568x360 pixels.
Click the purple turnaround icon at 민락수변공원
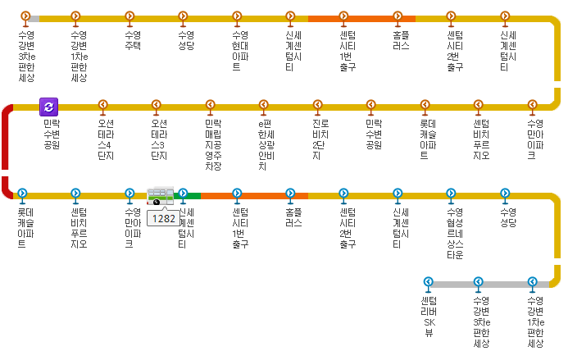(49, 106)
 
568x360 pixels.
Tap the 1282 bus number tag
(164, 218)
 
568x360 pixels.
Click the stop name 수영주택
(133, 40)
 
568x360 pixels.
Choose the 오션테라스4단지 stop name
(106, 139)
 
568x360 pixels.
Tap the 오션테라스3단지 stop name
(159, 139)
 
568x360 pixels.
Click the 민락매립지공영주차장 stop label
(213, 144)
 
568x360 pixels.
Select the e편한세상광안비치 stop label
(266, 144)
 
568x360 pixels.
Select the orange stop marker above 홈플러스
(398, 16)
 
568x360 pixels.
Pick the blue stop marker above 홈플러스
(290, 194)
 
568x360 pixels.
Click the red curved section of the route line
(7, 152)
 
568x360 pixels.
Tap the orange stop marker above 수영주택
(130, 16)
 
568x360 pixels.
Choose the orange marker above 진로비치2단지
(317, 105)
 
